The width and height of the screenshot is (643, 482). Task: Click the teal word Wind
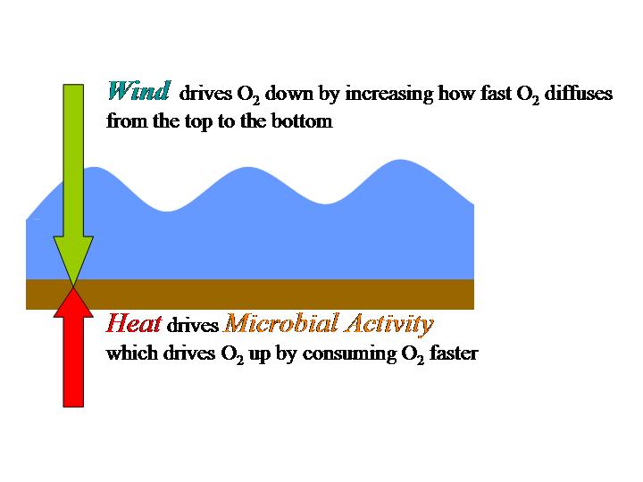(138, 90)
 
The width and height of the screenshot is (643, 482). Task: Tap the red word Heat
(134, 323)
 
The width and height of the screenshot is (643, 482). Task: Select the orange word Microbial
(282, 323)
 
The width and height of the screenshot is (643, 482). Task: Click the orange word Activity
(389, 324)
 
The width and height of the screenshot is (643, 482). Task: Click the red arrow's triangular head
(73, 302)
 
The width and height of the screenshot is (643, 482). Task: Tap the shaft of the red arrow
(73, 362)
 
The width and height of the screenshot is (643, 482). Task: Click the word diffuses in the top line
(578, 93)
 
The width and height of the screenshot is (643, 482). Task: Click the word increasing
(389, 94)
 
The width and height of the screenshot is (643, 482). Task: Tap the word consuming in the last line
(349, 353)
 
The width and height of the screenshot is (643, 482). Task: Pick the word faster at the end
(454, 353)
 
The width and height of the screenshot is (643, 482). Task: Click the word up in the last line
(260, 355)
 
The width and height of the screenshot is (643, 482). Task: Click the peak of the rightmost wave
(400, 160)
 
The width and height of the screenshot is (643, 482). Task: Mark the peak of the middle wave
(247, 167)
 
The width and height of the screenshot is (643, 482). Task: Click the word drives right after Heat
(193, 325)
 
